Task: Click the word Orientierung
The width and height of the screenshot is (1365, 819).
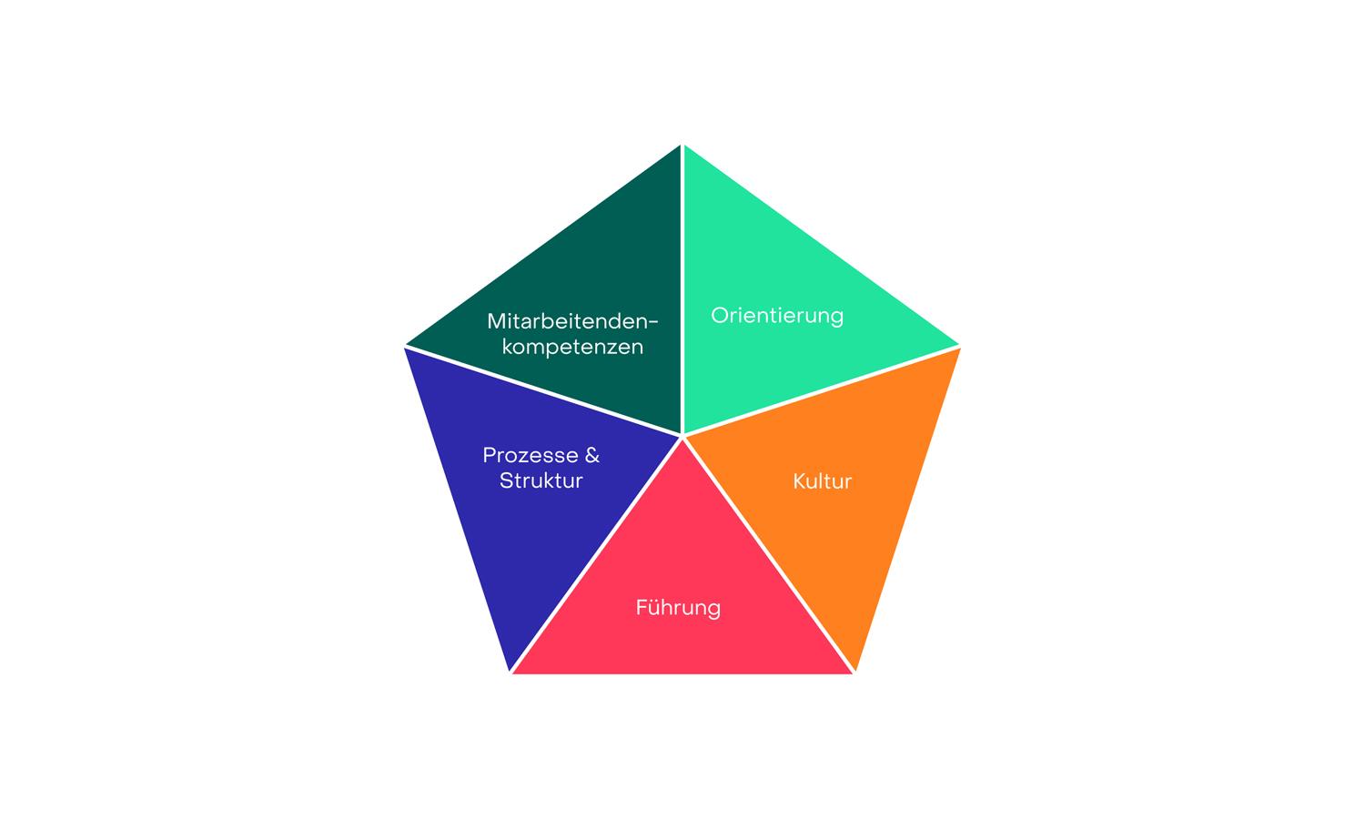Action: click(777, 317)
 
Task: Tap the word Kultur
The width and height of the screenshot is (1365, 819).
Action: click(822, 481)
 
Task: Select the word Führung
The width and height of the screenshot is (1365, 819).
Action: click(678, 608)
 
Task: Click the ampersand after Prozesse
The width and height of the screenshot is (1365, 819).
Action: click(592, 455)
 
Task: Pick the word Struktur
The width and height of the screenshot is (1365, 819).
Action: click(541, 480)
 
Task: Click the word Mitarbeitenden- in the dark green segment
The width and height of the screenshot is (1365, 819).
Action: click(572, 321)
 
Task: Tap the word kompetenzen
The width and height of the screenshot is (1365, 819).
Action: click(572, 348)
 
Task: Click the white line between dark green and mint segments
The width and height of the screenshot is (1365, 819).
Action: click(682, 290)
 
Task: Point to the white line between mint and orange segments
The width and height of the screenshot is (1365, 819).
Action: click(822, 391)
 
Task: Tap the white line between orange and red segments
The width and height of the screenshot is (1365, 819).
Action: click(768, 554)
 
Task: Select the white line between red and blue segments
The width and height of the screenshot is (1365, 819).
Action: click(596, 554)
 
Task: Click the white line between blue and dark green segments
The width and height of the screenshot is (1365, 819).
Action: click(543, 391)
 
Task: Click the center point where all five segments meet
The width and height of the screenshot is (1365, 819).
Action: click(682, 436)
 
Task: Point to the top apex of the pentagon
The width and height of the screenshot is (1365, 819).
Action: click(682, 145)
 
